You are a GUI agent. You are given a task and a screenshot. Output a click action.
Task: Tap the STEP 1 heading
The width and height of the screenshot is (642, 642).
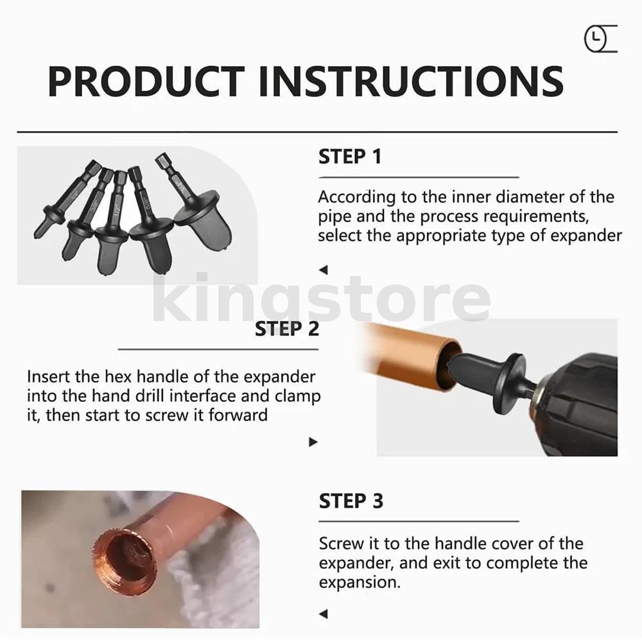(350, 157)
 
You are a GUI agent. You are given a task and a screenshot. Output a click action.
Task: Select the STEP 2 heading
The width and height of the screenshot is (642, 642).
(286, 329)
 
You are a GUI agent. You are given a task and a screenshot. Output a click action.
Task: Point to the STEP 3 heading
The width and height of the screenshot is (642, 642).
(351, 501)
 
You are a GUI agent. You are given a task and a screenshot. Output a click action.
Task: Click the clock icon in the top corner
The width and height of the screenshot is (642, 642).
(601, 39)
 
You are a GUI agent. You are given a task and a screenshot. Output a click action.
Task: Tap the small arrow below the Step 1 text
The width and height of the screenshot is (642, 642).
(323, 270)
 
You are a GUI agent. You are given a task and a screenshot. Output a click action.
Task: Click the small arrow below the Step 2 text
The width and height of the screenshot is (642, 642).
(313, 442)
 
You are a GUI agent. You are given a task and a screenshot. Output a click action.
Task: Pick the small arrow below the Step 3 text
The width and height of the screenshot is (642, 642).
(323, 614)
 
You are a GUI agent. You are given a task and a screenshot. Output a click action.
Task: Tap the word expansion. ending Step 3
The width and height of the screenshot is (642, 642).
(360, 582)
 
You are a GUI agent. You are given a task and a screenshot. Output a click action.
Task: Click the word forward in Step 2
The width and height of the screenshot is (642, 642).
(238, 415)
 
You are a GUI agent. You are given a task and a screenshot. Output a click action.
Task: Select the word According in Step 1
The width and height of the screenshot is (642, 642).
(357, 197)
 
